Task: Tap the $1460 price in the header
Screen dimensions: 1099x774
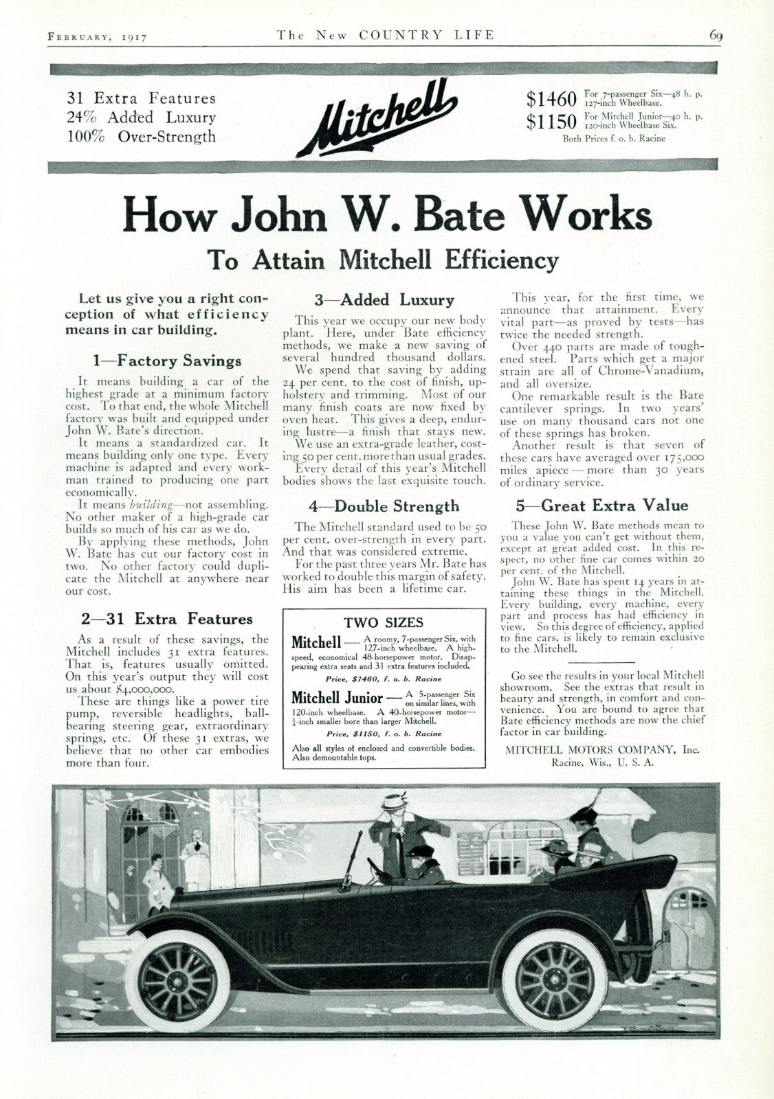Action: click(x=551, y=99)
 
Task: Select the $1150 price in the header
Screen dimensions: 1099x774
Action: click(x=551, y=122)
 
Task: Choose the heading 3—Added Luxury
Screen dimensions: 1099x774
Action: click(x=384, y=299)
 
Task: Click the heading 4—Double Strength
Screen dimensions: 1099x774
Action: click(x=384, y=506)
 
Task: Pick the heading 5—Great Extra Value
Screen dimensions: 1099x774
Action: click(x=601, y=506)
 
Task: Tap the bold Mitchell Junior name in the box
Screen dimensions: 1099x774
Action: click(x=337, y=697)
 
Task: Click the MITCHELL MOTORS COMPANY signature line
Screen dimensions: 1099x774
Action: click(x=602, y=750)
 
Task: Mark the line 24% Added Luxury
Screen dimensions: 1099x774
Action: click(x=141, y=117)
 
